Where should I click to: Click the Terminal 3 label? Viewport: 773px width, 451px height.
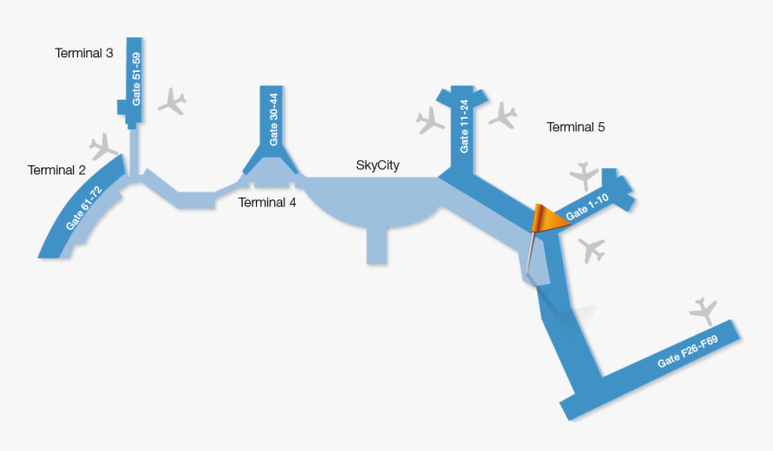coord(84,53)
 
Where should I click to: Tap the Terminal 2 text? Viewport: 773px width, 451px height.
coord(57,170)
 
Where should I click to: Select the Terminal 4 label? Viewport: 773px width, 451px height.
coord(267,202)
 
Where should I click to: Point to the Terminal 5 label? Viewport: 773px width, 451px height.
coord(575,128)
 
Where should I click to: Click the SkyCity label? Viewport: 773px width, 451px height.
coord(378,165)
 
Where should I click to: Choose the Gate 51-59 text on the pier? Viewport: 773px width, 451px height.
coord(137,80)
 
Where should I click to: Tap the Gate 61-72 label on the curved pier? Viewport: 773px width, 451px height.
coord(84,208)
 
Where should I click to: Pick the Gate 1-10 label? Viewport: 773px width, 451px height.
coord(588,209)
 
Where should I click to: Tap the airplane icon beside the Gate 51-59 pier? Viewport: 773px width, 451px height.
coord(172,102)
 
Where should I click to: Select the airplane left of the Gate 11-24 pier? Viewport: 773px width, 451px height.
coord(431,119)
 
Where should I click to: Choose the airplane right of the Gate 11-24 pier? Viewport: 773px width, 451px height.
coord(502,114)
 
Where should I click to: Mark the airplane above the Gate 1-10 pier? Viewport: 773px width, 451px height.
coord(584,173)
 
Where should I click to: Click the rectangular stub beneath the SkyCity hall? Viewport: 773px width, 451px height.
coord(377,245)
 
